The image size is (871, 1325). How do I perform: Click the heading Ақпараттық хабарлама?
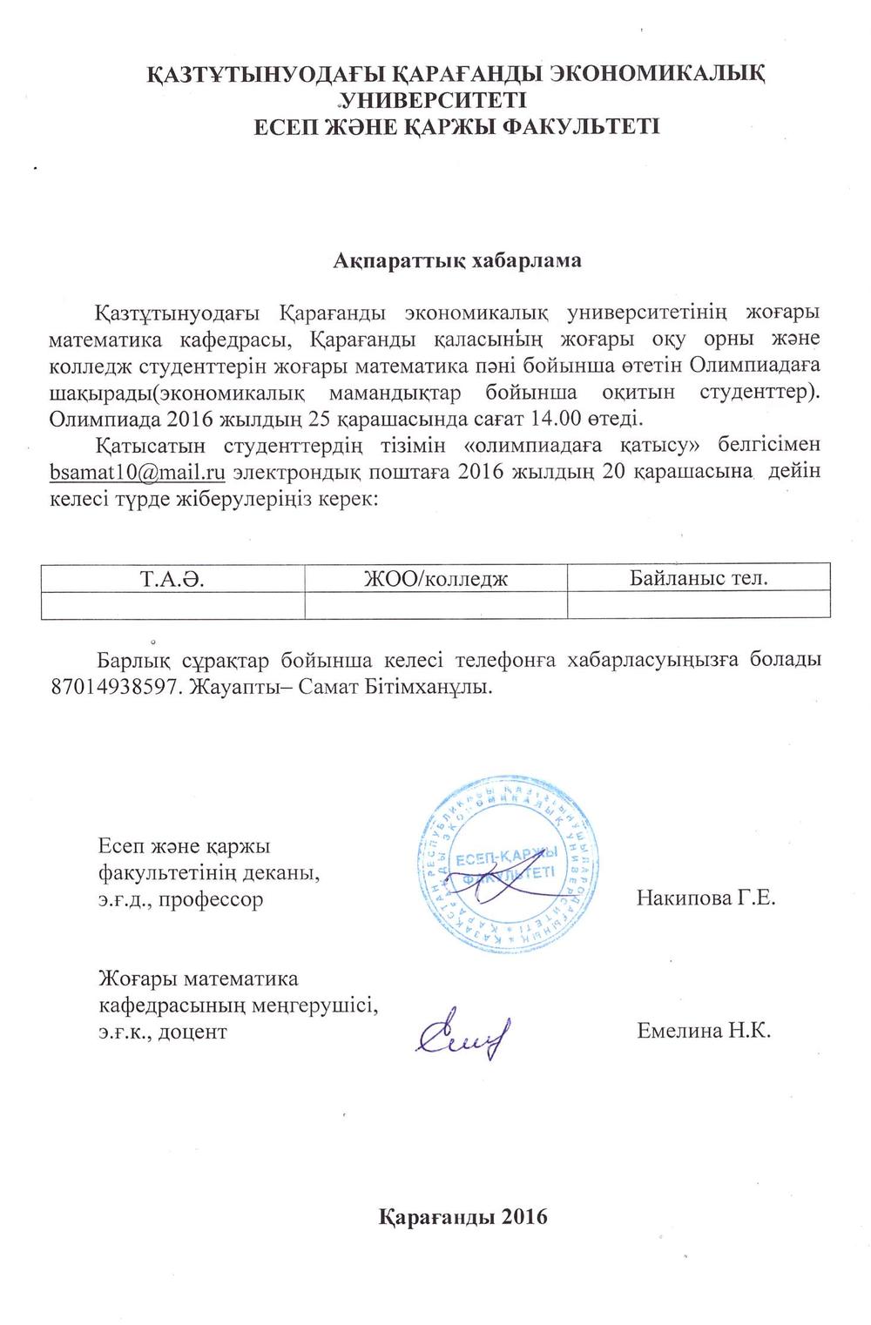click(x=457, y=259)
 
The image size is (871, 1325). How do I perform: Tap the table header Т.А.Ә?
click(x=172, y=578)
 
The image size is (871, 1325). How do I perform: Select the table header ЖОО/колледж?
click(x=435, y=578)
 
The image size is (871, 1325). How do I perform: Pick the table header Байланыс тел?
click(x=699, y=577)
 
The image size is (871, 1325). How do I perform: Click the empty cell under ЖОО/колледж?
click(x=435, y=605)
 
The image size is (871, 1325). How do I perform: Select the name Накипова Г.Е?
click(x=706, y=898)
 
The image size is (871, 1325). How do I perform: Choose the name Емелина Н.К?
click(x=704, y=1032)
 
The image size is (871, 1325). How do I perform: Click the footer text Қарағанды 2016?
click(x=463, y=1216)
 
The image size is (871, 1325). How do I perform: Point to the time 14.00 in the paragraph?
click(x=551, y=418)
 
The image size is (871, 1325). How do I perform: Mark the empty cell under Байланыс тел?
click(x=699, y=605)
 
